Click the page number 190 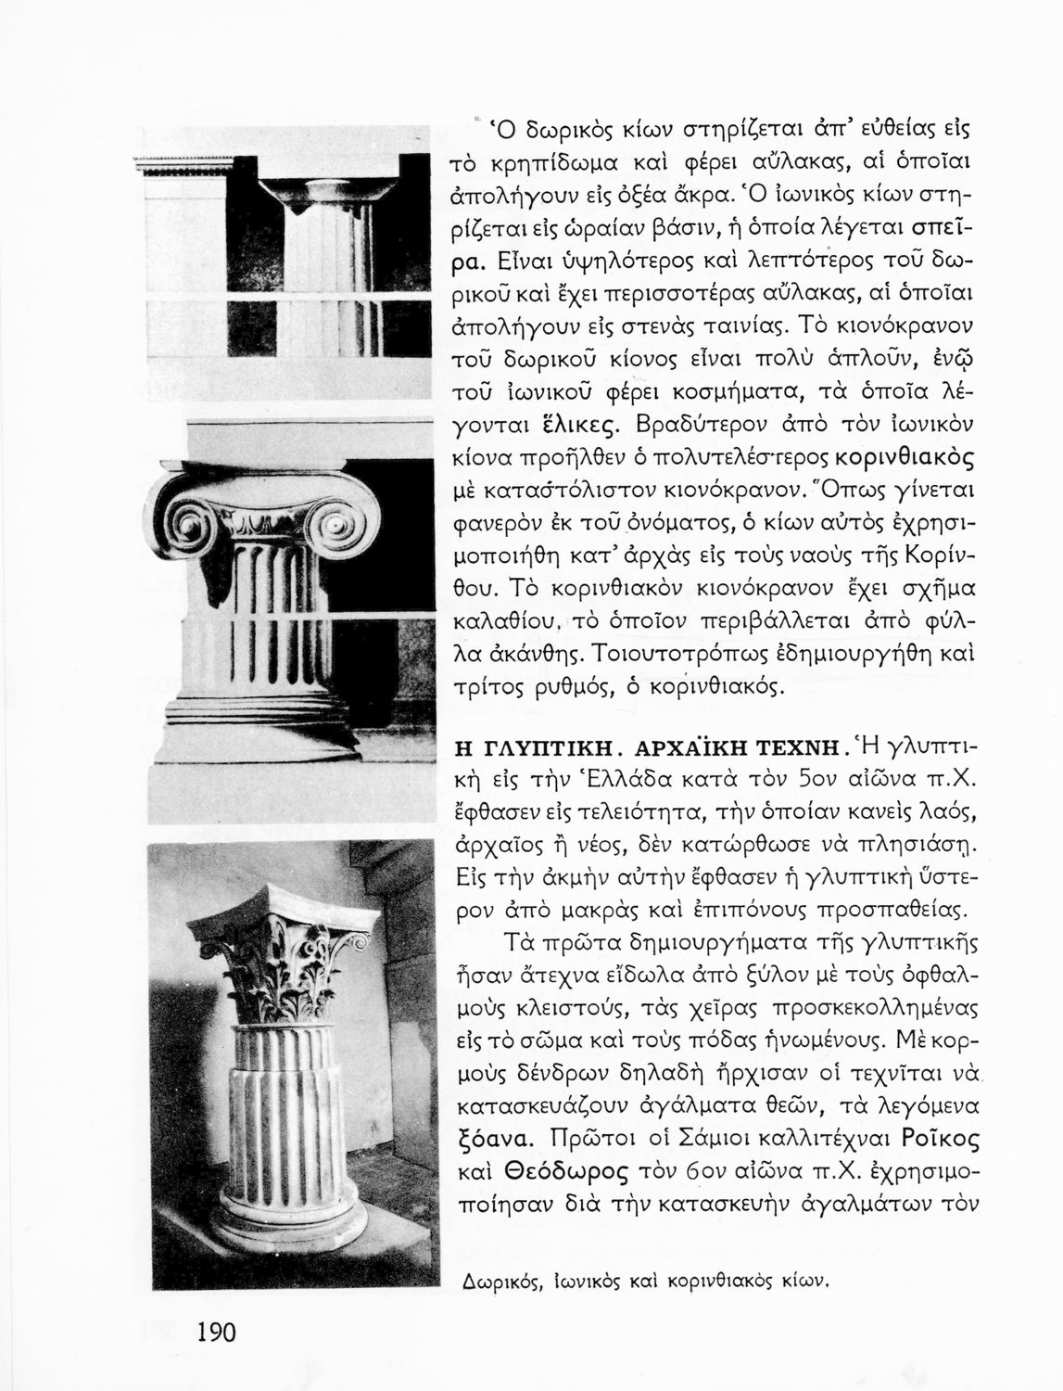(216, 1333)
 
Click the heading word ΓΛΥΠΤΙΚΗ (545, 747)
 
